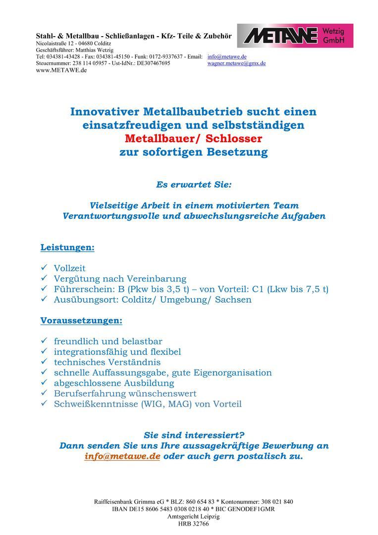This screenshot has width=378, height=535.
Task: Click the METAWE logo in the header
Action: [295, 36]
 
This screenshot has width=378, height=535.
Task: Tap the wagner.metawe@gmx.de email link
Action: [236, 63]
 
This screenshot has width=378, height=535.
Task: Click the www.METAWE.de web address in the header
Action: [61, 70]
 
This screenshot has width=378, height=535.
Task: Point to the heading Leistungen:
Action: [67, 247]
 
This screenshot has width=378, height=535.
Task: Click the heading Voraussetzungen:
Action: [81, 321]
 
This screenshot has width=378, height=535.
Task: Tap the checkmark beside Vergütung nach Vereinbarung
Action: [44, 278]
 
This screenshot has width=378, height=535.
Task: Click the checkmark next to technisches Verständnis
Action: [44, 362]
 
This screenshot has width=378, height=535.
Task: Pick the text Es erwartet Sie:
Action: [194, 185]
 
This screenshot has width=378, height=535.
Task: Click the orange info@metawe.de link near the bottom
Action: [122, 456]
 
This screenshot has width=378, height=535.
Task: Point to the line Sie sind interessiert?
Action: [194, 435]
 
